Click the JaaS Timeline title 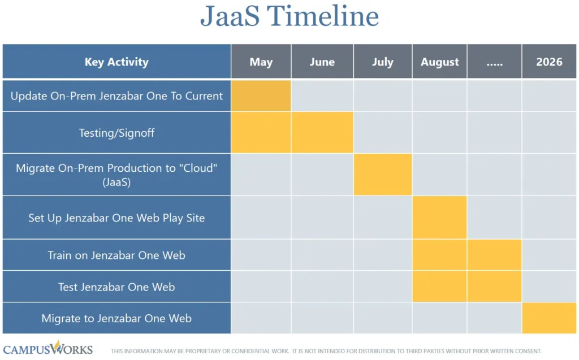pos(289,16)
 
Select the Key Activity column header pos(116,62)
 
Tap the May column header pos(261,62)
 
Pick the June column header pos(322,62)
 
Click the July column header pos(383,62)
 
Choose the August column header pos(440,62)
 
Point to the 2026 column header pos(549,62)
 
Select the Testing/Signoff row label pos(116,133)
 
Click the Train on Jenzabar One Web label pos(116,255)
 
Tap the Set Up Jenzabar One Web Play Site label pos(116,218)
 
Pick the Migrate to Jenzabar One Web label pos(116,318)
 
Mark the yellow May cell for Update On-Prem pos(261,96)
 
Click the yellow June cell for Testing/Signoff pos(322,132)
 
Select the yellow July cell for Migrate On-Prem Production pos(383,174)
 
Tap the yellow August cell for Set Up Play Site pos(440,217)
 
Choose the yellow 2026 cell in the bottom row pos(550,318)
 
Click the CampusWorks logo pos(48,348)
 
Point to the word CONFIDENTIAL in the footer pos(251,351)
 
